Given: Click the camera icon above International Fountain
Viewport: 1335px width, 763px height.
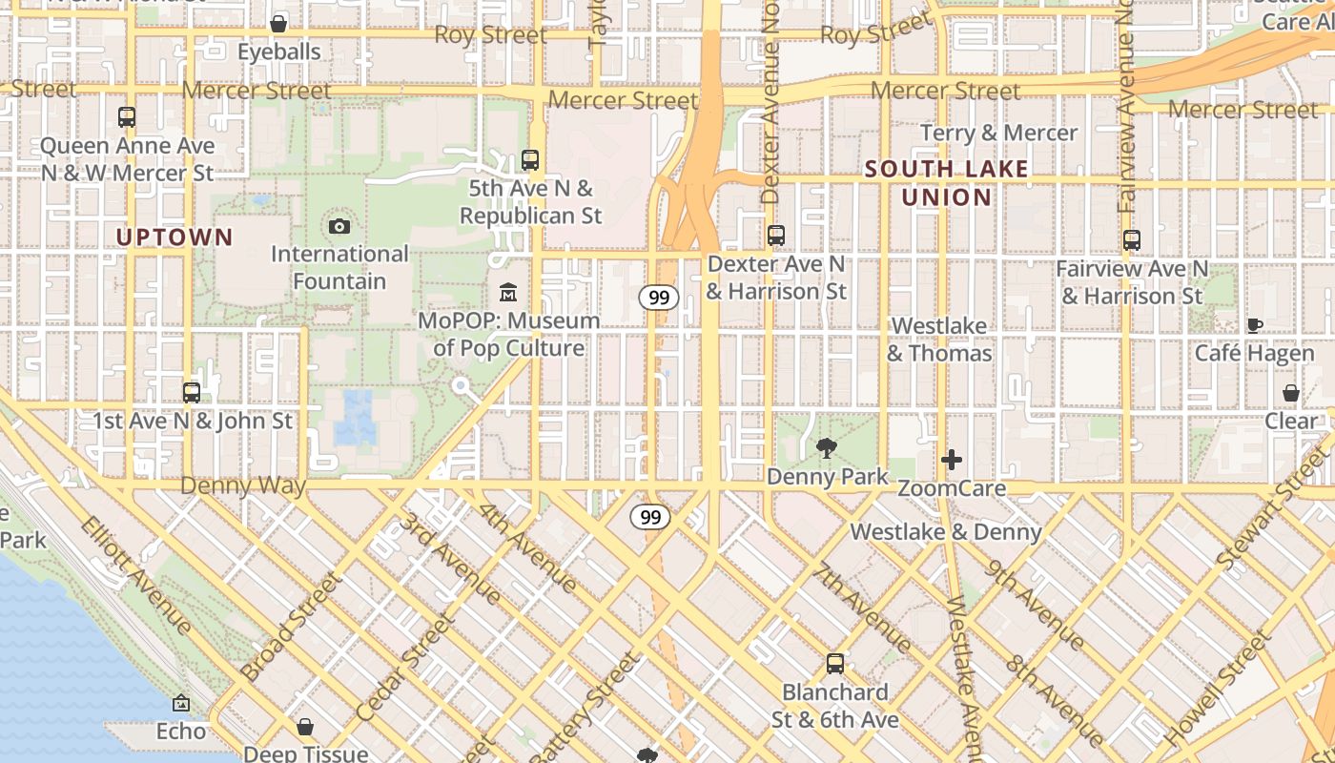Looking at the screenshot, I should point(339,226).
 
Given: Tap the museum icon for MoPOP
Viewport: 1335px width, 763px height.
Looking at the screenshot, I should point(508,292).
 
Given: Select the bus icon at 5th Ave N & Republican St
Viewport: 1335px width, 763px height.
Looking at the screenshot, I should point(530,160).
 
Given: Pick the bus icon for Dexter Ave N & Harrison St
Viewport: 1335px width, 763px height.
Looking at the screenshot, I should point(776,235).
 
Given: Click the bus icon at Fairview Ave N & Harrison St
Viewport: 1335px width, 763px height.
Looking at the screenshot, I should point(1132,240).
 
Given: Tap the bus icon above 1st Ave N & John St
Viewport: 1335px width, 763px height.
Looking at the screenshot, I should point(192,392).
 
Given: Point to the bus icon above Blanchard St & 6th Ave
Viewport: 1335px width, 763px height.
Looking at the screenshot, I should point(835,663).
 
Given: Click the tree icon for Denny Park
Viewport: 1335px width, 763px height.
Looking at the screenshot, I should point(827,446).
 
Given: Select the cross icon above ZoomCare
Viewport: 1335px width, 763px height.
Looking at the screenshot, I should point(951,460).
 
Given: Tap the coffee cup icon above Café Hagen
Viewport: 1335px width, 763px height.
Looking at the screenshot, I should point(1255,325).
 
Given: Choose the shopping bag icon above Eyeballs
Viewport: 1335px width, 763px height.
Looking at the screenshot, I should point(278,23).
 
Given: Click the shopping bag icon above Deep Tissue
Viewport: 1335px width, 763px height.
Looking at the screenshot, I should point(305,727).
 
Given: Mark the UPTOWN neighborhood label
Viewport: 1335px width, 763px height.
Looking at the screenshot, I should point(175,237).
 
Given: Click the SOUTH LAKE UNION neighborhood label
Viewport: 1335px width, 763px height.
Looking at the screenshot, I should point(947,183).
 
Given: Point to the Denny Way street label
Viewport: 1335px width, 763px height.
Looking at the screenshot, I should point(243,485).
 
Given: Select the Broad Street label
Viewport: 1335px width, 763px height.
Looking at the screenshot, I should point(291,627).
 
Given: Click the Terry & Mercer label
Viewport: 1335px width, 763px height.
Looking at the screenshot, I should point(999,133).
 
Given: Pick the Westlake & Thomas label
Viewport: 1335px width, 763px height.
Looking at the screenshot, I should point(939,340).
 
